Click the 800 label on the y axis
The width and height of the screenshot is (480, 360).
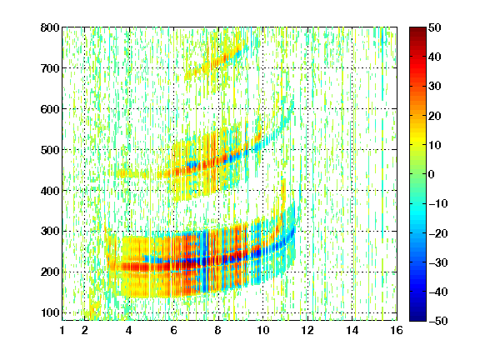point(50,27)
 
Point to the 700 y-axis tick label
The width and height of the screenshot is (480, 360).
point(50,68)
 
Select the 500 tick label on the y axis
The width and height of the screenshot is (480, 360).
point(50,150)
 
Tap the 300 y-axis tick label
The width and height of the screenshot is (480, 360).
point(50,232)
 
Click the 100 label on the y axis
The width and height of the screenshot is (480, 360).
point(50,312)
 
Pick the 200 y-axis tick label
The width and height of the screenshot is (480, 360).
point(50,272)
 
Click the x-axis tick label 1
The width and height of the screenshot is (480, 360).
point(62,330)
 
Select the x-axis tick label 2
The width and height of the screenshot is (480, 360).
point(85,330)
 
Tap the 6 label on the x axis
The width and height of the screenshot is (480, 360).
point(174,330)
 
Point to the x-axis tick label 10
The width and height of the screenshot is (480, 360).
point(263,330)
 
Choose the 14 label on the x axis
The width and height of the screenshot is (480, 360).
point(352,330)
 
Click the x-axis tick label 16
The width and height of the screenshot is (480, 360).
point(397,330)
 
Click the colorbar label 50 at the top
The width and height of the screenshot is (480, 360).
point(435,27)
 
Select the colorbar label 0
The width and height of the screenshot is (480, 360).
point(432,174)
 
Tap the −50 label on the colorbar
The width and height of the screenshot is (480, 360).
point(438,321)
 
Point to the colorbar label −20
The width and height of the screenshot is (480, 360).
point(438,233)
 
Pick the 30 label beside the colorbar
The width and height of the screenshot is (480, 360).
point(435,87)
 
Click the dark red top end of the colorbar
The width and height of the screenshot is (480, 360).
point(417,29)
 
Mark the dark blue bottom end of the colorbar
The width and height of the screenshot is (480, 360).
point(417,318)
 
